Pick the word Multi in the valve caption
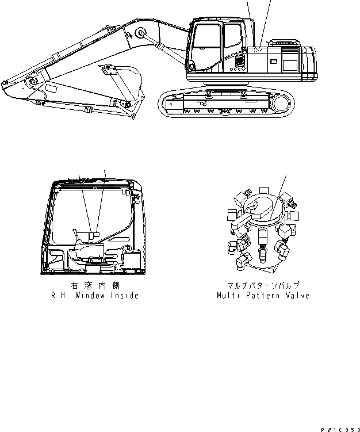[x=227, y=296]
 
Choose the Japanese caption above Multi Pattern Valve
[x=262, y=285]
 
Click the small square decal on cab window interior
[x=97, y=234]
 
